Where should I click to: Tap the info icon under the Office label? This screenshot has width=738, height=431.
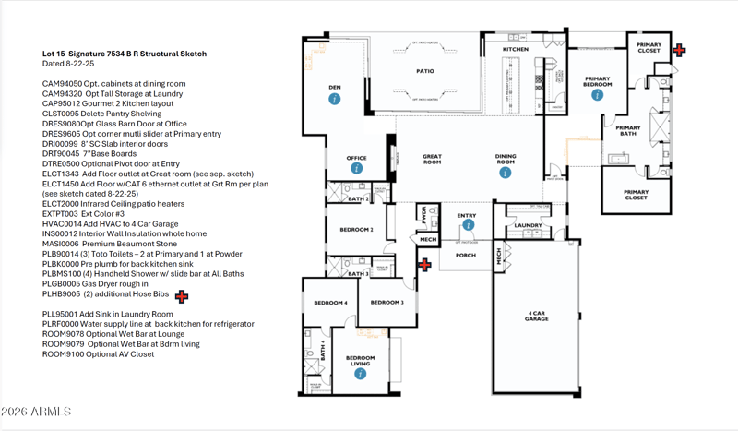point(356,169)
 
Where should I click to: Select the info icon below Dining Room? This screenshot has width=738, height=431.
point(505,169)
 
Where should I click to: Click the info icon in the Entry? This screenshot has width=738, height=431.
point(468,224)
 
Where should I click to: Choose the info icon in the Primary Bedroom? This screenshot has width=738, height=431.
point(597,94)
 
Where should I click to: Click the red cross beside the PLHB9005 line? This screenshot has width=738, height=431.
point(182,296)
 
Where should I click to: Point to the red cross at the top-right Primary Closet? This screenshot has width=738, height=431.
point(679,50)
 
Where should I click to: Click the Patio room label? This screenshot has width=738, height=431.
point(424,70)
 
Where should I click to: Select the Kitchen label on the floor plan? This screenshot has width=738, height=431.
point(515,49)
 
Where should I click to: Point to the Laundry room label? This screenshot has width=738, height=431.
point(528,225)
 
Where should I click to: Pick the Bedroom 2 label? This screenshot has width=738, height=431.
point(356,229)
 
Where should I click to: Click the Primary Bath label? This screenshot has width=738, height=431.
point(628,131)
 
